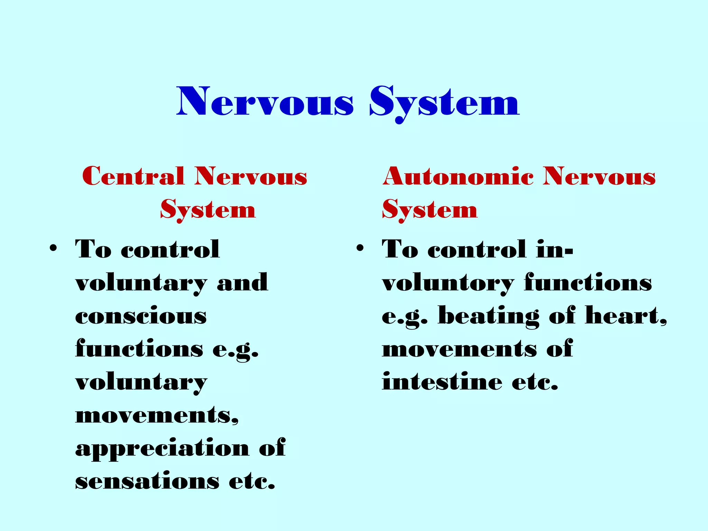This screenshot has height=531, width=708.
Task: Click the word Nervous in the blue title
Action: click(265, 102)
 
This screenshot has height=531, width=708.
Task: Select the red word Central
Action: click(133, 176)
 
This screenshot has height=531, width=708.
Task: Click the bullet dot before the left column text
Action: click(53, 248)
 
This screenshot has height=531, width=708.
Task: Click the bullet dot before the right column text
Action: click(360, 248)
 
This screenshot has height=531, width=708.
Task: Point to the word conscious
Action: click(141, 316)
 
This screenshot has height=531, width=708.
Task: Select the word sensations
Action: click(147, 481)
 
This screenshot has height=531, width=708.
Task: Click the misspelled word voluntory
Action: click(448, 283)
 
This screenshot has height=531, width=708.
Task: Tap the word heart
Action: click(625, 316)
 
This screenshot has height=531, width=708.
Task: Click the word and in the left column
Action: click(242, 282)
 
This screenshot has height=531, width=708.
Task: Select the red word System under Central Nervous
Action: click(208, 209)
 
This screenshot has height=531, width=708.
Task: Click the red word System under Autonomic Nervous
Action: click(430, 209)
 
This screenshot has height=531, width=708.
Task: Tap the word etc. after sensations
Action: click(252, 481)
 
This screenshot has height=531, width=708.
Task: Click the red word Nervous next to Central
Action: click(251, 176)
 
